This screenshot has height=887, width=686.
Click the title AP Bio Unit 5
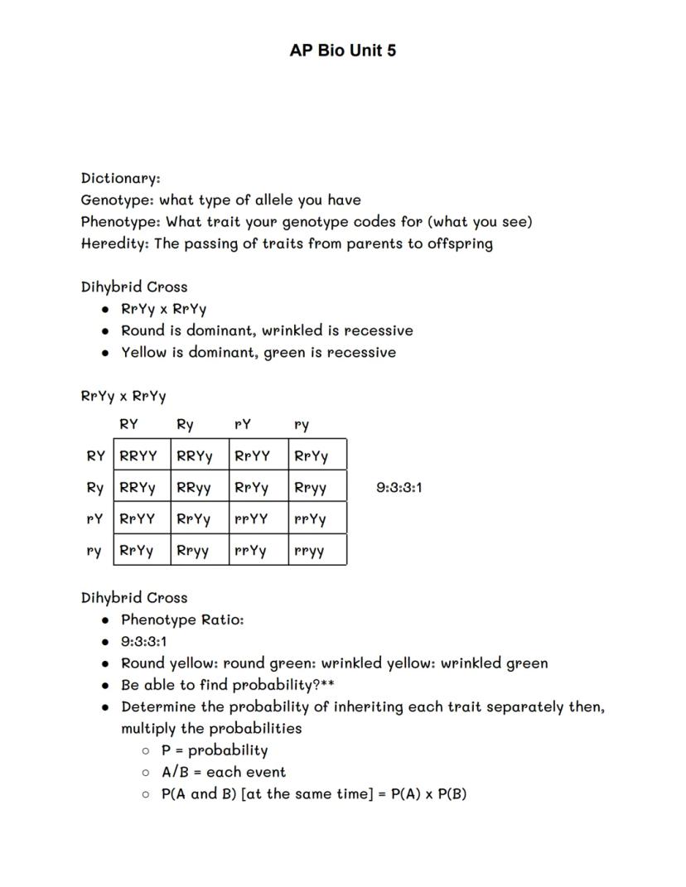[x=342, y=51]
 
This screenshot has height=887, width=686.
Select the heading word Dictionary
[x=120, y=178]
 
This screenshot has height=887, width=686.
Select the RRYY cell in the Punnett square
[x=138, y=456]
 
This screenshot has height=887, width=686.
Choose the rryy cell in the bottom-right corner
[x=309, y=551]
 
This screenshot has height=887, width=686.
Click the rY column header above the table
[x=243, y=425]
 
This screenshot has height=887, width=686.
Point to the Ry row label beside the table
[x=95, y=488]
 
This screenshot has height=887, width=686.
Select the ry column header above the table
[x=302, y=425]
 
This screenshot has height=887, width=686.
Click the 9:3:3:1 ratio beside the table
[x=399, y=487]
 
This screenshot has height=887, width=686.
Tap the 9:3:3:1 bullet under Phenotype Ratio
[x=144, y=641]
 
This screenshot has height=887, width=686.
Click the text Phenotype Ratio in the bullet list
[x=182, y=619]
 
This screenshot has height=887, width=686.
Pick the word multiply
[x=150, y=729]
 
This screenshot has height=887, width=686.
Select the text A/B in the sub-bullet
[x=176, y=772]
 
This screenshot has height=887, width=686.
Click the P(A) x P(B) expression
[x=428, y=793]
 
